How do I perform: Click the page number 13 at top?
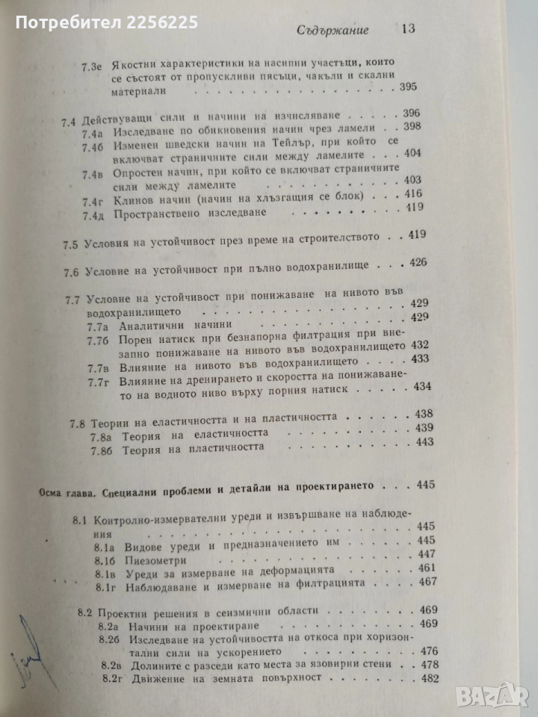409,31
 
